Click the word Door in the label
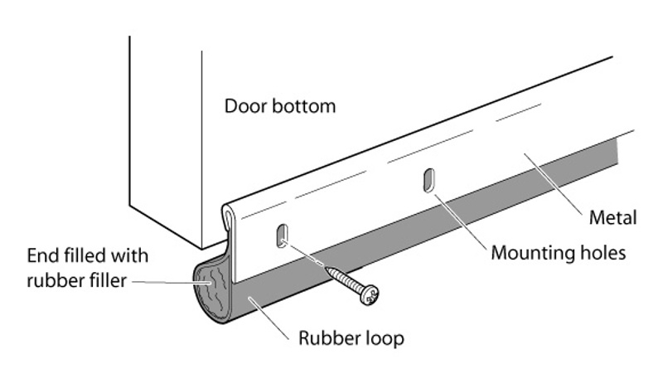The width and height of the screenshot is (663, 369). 244,107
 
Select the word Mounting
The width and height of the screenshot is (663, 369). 527,251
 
